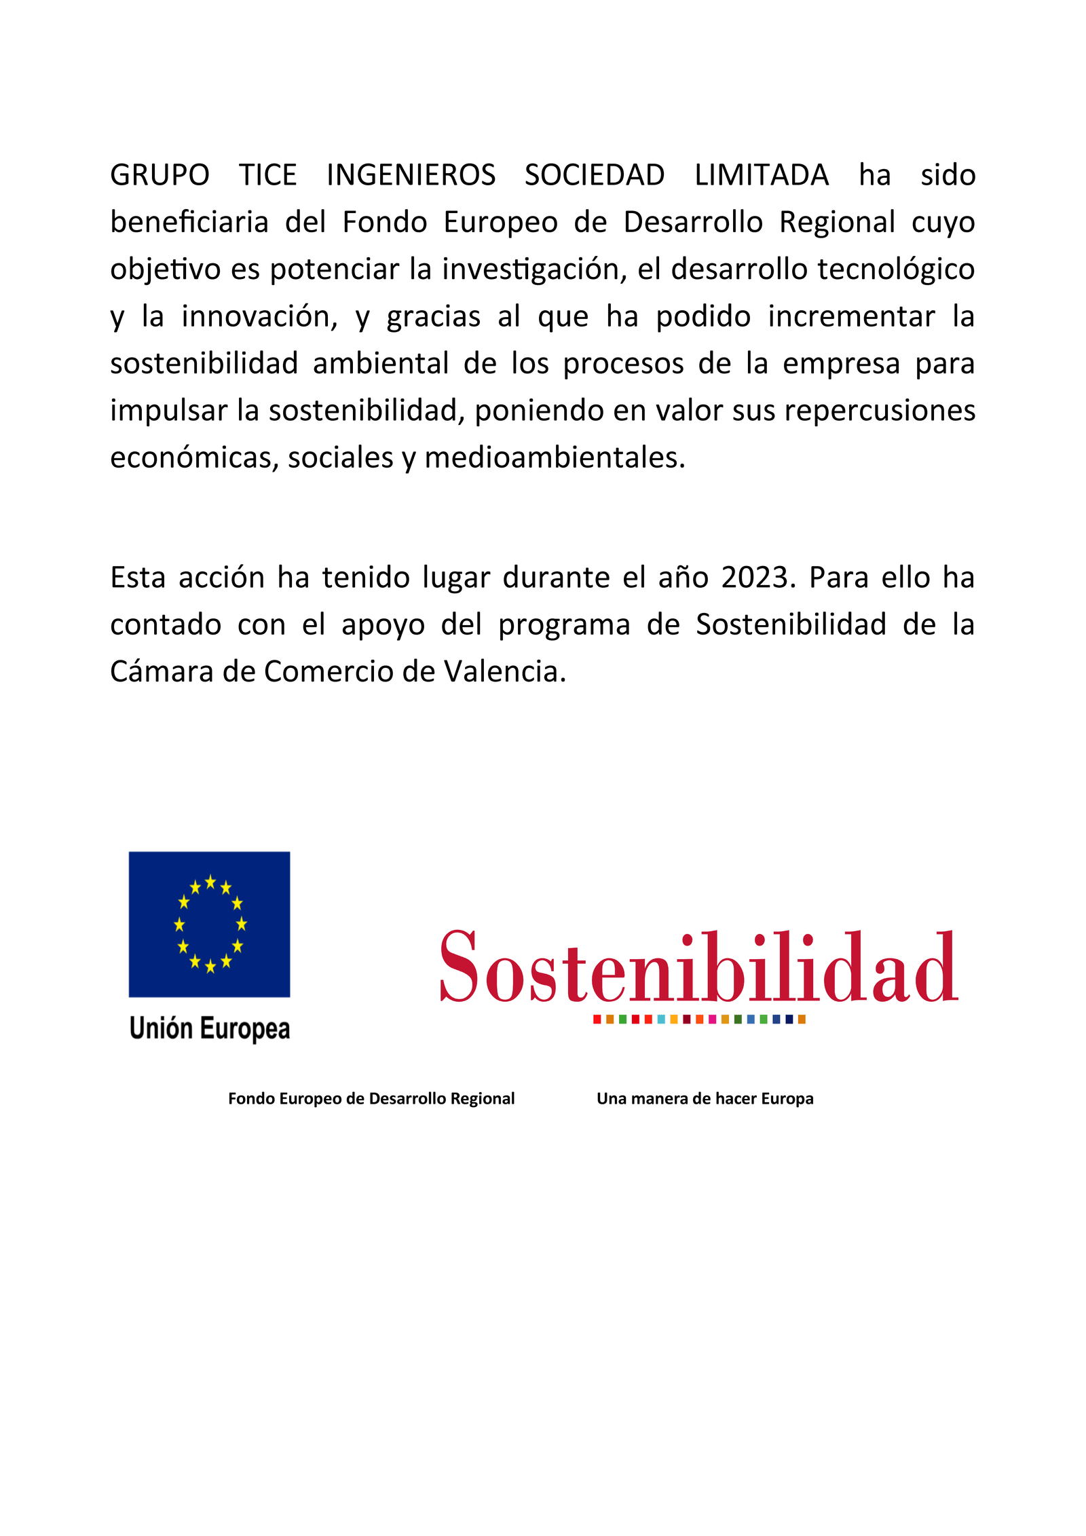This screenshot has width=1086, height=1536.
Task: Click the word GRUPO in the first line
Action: (160, 175)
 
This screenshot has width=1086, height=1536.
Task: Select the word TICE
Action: (268, 175)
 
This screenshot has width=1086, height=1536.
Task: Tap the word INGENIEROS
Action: (411, 175)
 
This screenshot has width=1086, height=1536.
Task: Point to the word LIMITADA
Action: (762, 175)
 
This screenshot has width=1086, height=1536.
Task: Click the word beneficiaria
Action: (189, 222)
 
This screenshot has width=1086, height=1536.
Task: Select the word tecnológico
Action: (896, 269)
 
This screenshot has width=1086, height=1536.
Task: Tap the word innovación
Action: (259, 316)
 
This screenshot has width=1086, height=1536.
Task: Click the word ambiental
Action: (381, 363)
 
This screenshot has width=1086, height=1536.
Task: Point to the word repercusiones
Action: (880, 410)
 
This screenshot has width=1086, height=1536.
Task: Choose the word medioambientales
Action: (555, 457)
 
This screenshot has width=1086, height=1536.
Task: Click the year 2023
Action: (757, 578)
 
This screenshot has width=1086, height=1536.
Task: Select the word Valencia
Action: (504, 671)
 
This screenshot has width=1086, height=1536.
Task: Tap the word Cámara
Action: (162, 671)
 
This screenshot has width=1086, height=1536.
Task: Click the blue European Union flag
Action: (209, 924)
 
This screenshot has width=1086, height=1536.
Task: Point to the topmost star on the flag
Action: (210, 882)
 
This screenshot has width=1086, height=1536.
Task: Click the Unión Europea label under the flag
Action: (210, 1028)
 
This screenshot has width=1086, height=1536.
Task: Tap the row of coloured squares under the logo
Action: (699, 1019)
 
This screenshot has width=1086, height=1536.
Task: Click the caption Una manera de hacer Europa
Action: (705, 1098)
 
